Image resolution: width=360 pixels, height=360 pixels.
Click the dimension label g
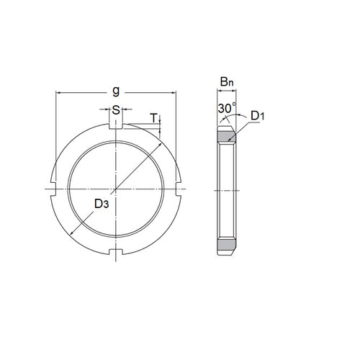pyautogui.click(x=116, y=91)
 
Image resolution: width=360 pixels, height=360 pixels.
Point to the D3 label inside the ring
pyautogui.click(x=102, y=204)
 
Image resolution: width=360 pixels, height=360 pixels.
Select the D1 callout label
pyautogui.click(x=258, y=115)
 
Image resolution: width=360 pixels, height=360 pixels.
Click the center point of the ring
pyautogui.click(x=116, y=189)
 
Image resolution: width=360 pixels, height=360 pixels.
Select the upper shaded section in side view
pyautogui.click(x=227, y=136)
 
